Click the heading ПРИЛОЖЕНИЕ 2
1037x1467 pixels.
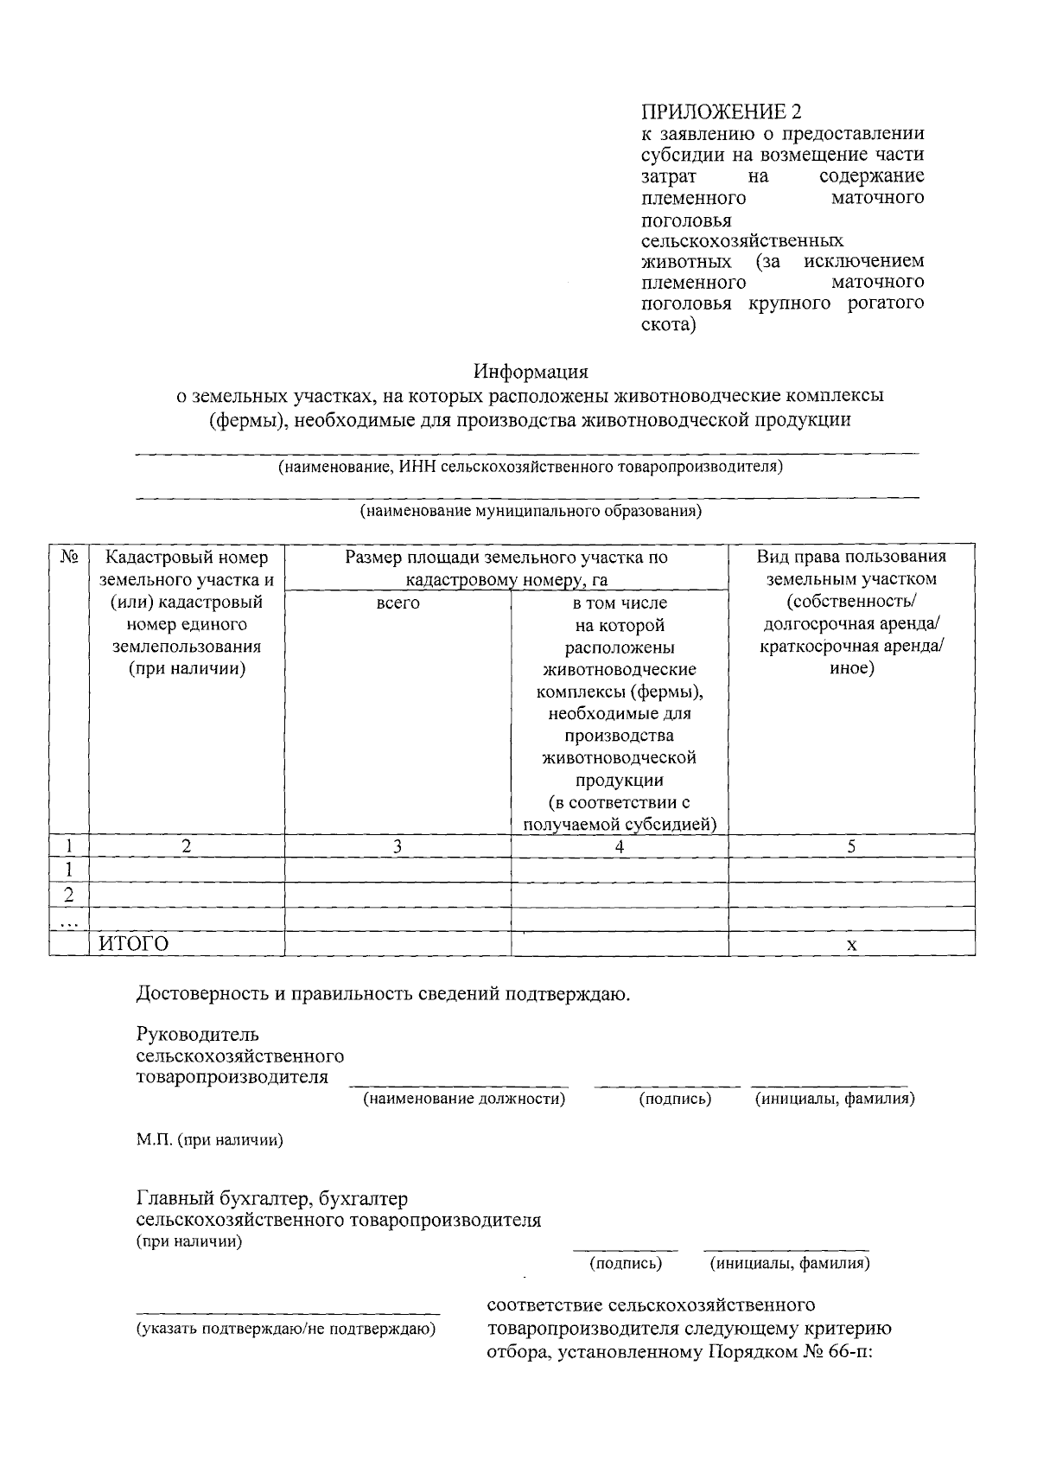coord(721,112)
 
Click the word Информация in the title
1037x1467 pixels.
coord(530,372)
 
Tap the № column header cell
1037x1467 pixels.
coord(69,558)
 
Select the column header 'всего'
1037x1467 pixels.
coord(398,603)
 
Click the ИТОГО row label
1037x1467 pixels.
coord(134,944)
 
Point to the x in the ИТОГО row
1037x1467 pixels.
coord(851,945)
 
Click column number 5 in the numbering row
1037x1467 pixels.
coord(851,847)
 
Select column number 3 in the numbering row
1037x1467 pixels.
coord(398,847)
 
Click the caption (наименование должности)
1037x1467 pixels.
coord(464,1099)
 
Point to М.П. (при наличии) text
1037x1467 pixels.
coord(210,1140)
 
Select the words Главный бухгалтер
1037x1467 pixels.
coord(224,1199)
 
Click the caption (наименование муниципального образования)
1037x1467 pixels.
coord(531,512)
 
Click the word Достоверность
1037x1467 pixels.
coord(202,994)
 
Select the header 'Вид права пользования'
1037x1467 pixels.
coord(851,558)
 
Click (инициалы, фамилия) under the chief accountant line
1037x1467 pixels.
coord(790,1264)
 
